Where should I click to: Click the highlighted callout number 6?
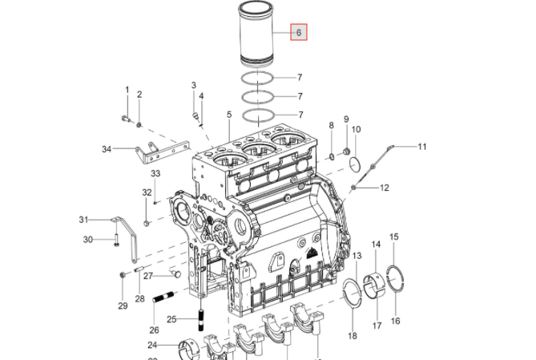[299, 32]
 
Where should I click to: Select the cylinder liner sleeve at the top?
[256, 34]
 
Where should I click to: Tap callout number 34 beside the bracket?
[107, 149]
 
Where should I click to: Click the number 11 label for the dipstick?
[422, 147]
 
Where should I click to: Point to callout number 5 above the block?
[229, 115]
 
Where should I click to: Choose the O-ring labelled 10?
[355, 164]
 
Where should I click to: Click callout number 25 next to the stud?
[171, 319]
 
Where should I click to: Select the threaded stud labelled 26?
[163, 297]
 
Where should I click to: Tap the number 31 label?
[84, 220]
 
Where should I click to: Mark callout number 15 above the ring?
[394, 237]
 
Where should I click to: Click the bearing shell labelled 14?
[373, 285]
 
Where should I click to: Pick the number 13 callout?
[357, 256]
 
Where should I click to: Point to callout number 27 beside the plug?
[148, 276]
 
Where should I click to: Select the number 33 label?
[155, 173]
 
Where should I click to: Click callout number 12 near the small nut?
[385, 188]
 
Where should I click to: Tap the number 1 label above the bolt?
[127, 90]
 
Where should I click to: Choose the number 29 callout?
[123, 306]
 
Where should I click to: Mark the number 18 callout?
[353, 336]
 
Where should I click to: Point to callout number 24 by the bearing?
[152, 345]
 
